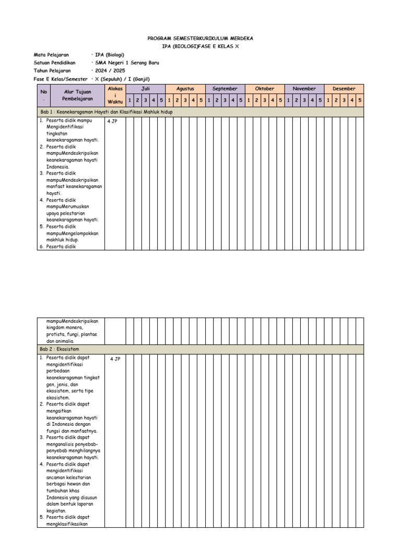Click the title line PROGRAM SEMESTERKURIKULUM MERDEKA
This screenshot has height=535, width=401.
[x=200, y=39]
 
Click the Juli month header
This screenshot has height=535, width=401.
[x=145, y=89]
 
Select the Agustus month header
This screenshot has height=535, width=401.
[x=185, y=89]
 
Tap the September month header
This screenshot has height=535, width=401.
[x=225, y=89]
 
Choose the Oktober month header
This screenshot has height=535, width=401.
[x=264, y=89]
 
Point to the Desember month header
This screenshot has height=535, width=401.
[x=344, y=89]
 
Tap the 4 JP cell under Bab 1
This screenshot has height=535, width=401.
[x=113, y=121]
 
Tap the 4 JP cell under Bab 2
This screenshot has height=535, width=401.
[x=115, y=359]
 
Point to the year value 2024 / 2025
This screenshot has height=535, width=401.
[x=110, y=71]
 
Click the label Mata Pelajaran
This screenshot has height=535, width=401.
[x=51, y=55]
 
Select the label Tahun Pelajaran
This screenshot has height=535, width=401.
[x=52, y=71]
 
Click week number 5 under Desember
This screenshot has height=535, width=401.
[x=359, y=100]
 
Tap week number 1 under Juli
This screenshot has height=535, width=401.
[x=129, y=100]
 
